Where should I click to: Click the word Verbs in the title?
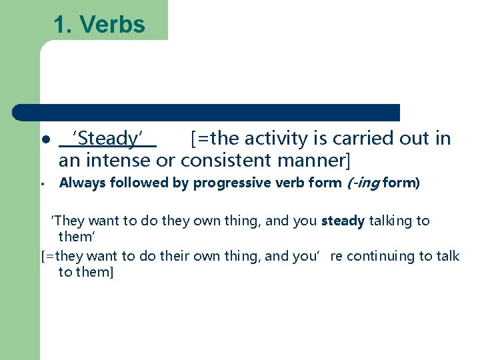[x=112, y=25]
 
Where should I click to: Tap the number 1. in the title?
[x=63, y=25]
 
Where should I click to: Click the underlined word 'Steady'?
[x=108, y=139]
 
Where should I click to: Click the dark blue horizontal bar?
[x=207, y=112]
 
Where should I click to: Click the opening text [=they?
[x=57, y=257]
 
